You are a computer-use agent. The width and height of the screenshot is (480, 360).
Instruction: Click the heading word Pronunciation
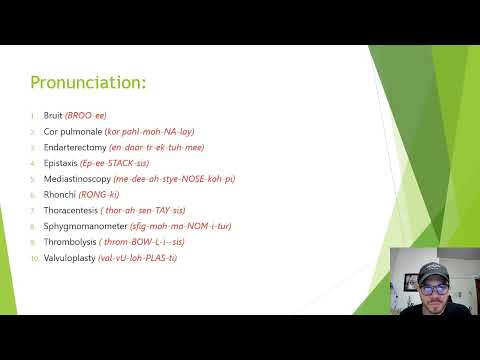coord(89,81)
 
